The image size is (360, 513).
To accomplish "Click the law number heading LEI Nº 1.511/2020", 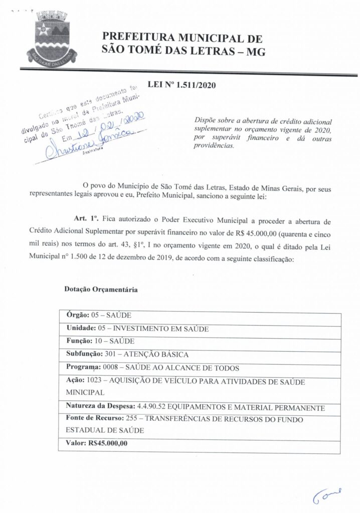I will click(x=182, y=85).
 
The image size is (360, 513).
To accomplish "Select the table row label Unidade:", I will click(x=80, y=328).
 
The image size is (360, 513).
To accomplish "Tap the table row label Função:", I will click(x=79, y=341).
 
